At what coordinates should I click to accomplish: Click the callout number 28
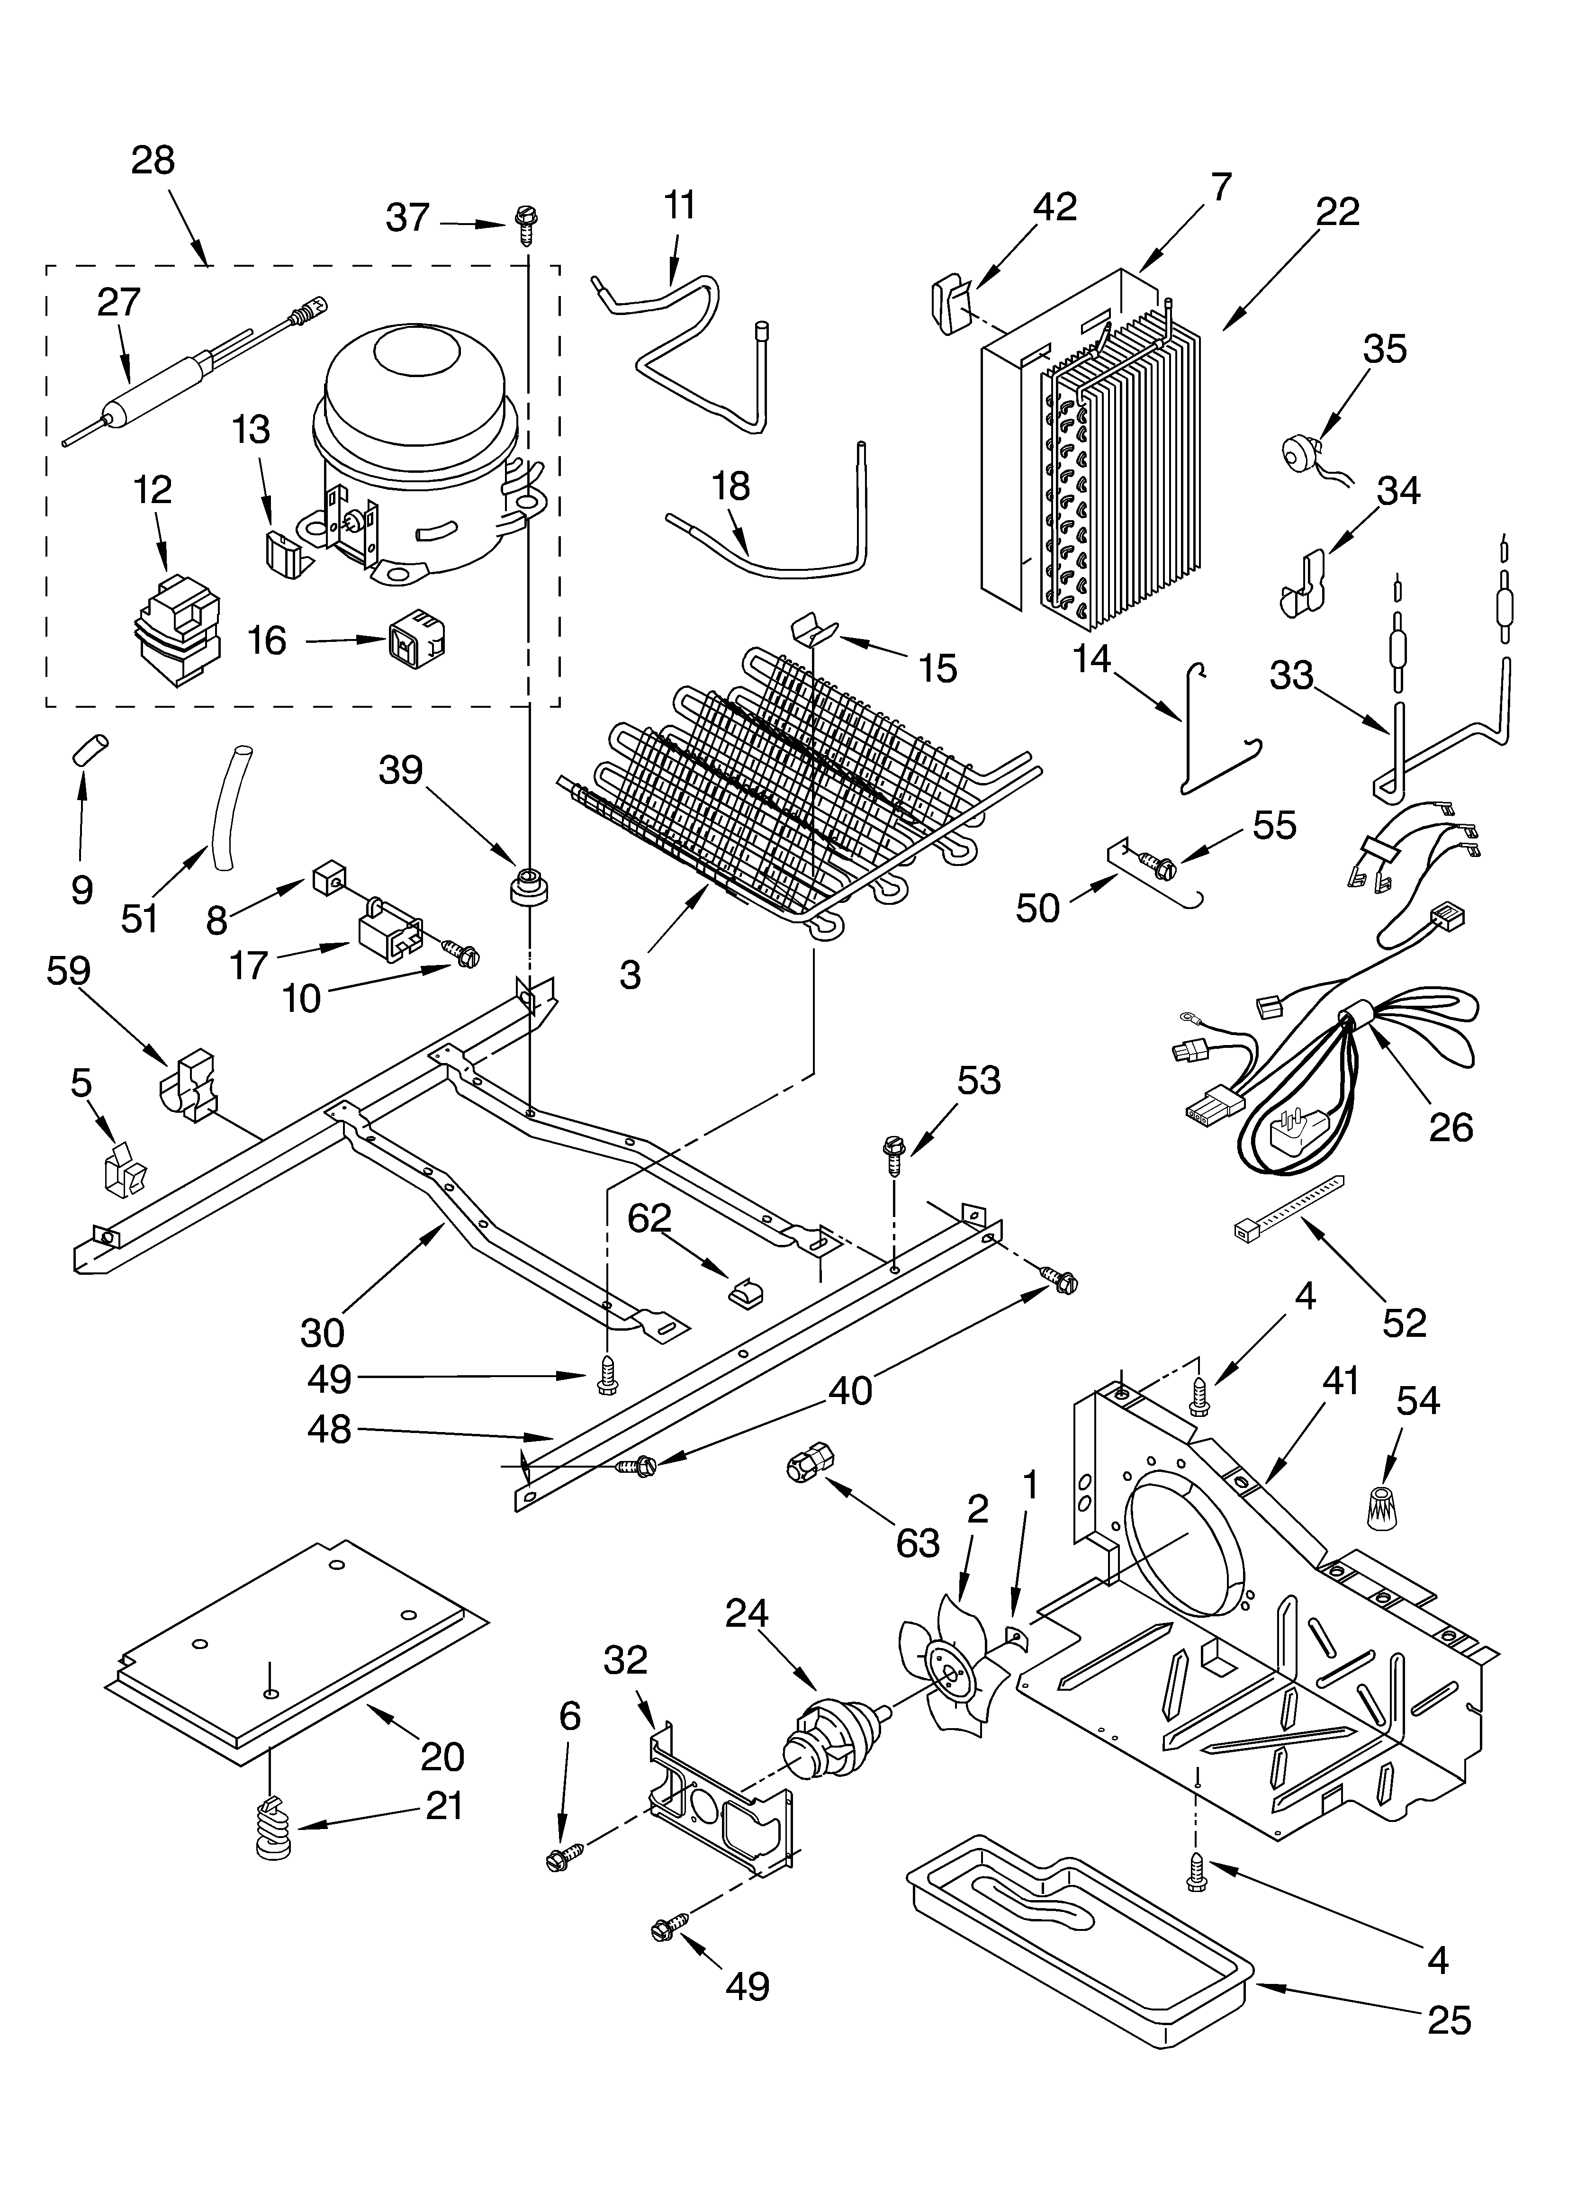153,160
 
